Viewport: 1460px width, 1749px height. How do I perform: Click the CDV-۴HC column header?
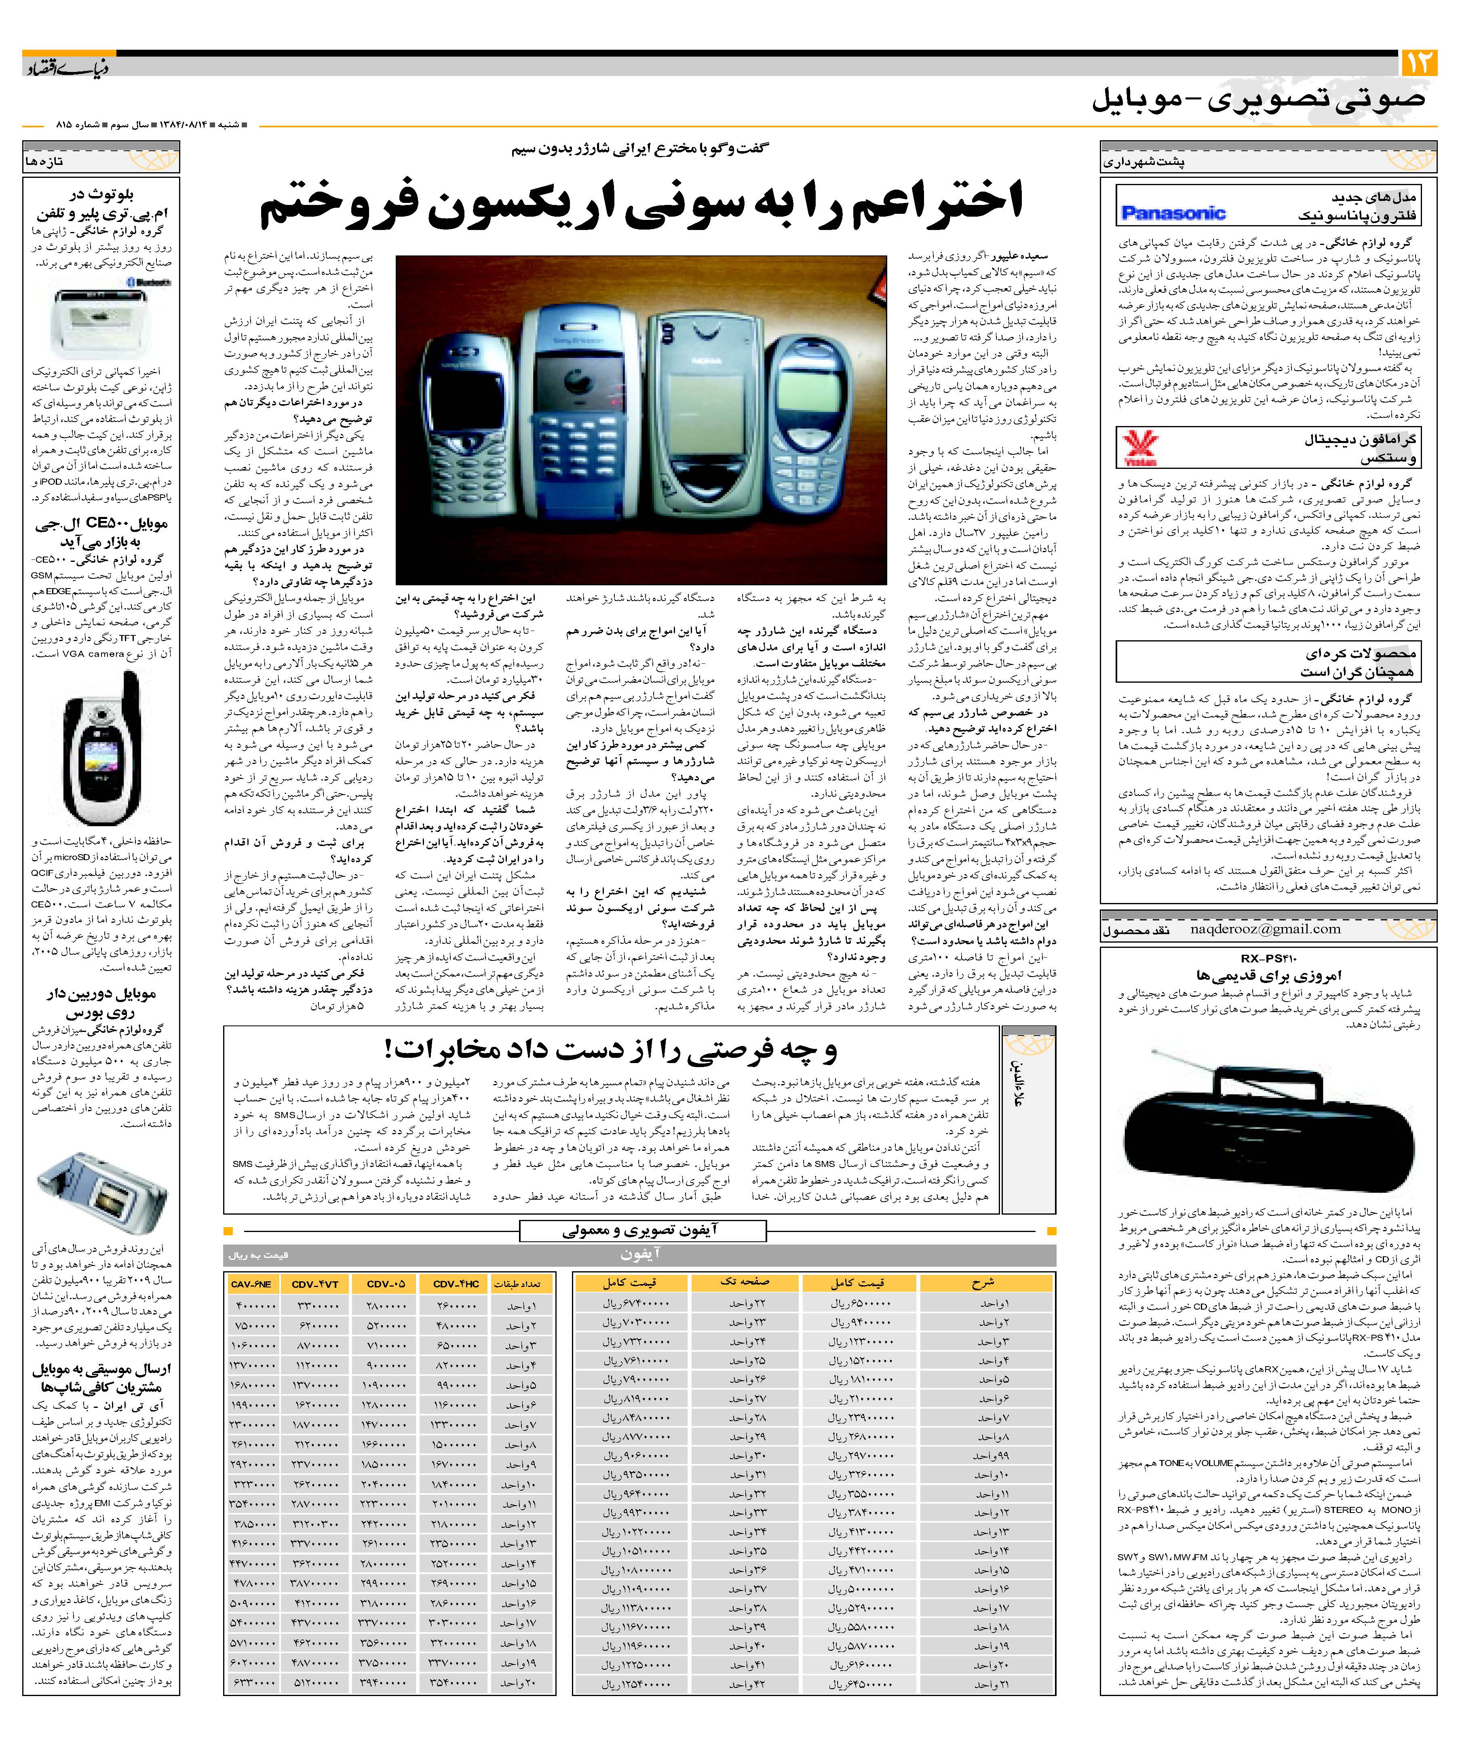pyautogui.click(x=456, y=1283)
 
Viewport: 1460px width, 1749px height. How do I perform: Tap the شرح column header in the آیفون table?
pyautogui.click(x=983, y=1283)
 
